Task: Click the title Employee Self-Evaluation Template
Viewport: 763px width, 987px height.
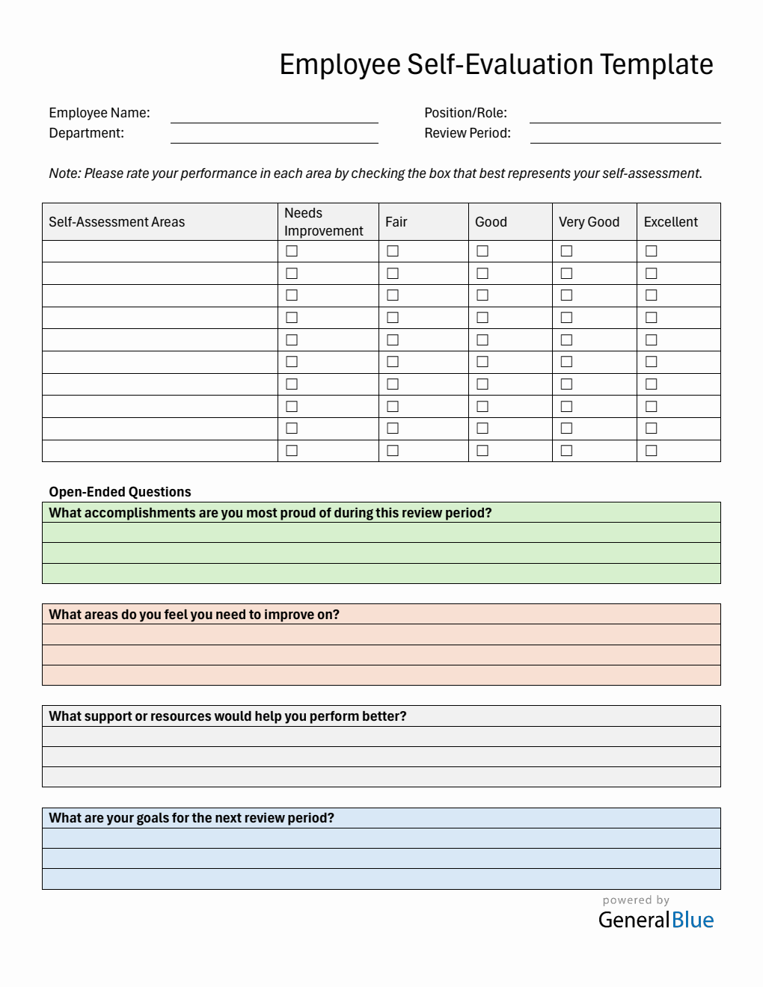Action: (x=496, y=65)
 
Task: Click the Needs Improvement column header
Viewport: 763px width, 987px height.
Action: (x=323, y=222)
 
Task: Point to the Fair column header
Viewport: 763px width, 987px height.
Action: (x=396, y=222)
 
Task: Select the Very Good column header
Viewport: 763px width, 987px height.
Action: (x=589, y=222)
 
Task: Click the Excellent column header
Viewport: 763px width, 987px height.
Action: (x=670, y=222)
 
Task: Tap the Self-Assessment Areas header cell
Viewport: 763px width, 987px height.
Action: (x=117, y=222)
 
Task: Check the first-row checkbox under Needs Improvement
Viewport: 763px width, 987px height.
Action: (x=292, y=251)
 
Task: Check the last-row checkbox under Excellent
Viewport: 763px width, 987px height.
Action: (x=652, y=451)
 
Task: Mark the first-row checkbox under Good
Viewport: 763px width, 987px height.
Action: (x=482, y=251)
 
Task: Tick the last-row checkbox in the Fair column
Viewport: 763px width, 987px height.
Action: (x=393, y=451)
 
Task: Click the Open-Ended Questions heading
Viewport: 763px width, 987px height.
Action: (x=120, y=492)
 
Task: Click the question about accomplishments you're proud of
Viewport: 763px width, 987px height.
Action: (x=270, y=513)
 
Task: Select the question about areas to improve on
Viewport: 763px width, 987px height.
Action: (x=194, y=615)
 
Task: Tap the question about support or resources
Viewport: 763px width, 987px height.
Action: (x=227, y=716)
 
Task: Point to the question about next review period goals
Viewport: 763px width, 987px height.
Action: (x=191, y=818)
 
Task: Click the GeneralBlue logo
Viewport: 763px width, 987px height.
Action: (x=656, y=920)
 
